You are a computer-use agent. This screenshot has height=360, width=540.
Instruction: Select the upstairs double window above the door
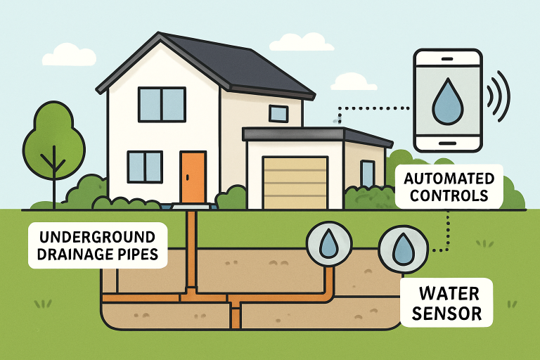click(161, 104)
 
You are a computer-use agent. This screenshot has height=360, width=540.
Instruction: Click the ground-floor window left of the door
click(145, 167)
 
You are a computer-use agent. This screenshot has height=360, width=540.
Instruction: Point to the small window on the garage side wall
click(367, 174)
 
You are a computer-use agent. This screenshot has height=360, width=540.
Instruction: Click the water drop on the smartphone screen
click(446, 102)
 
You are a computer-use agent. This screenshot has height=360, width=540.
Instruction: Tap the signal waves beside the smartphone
click(500, 95)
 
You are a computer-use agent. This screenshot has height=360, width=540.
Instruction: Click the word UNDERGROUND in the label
click(96, 236)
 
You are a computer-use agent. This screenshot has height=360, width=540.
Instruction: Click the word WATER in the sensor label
click(448, 292)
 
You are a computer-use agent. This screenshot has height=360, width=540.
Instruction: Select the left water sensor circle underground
click(327, 244)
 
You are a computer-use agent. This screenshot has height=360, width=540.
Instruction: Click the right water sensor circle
click(401, 247)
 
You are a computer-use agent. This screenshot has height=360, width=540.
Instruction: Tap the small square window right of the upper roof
click(278, 113)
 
